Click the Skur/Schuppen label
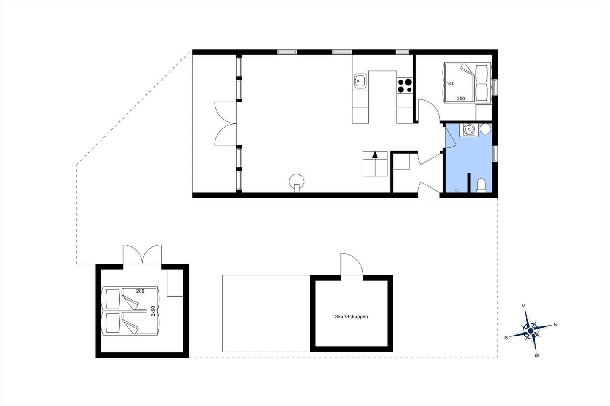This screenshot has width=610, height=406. pyautogui.click(x=351, y=317)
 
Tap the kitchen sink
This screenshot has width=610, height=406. pyautogui.click(x=360, y=81)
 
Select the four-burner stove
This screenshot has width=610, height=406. pyautogui.click(x=405, y=86)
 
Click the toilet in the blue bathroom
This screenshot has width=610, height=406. pyautogui.click(x=481, y=185)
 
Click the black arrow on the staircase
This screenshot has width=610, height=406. pyautogui.click(x=375, y=155)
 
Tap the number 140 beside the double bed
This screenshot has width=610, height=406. pyautogui.click(x=450, y=83)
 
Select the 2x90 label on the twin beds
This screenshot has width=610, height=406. pyautogui.click(x=153, y=311)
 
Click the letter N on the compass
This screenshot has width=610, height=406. pyautogui.click(x=555, y=324)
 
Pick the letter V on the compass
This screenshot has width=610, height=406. pyautogui.click(x=523, y=306)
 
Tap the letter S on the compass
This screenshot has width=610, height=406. pyautogui.click(x=506, y=338)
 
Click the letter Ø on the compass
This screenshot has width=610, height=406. pyautogui.click(x=537, y=355)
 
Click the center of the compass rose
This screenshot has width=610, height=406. pyautogui.click(x=530, y=331)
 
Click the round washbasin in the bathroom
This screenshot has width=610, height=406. pyautogui.click(x=485, y=129)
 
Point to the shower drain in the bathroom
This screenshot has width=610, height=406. pyautogui.click(x=457, y=191)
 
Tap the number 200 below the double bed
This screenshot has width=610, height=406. pyautogui.click(x=461, y=99)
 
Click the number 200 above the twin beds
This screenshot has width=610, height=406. pyautogui.click(x=140, y=291)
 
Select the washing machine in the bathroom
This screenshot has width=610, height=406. pyautogui.click(x=469, y=130)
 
